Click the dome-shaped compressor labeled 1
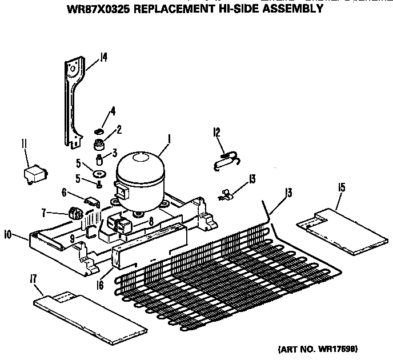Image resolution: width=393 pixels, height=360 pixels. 140,171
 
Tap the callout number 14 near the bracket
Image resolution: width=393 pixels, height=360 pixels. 103,57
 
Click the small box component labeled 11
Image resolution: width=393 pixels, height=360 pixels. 33,174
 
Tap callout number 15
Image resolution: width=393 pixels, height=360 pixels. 341,186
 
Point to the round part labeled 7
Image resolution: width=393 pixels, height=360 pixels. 74,214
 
